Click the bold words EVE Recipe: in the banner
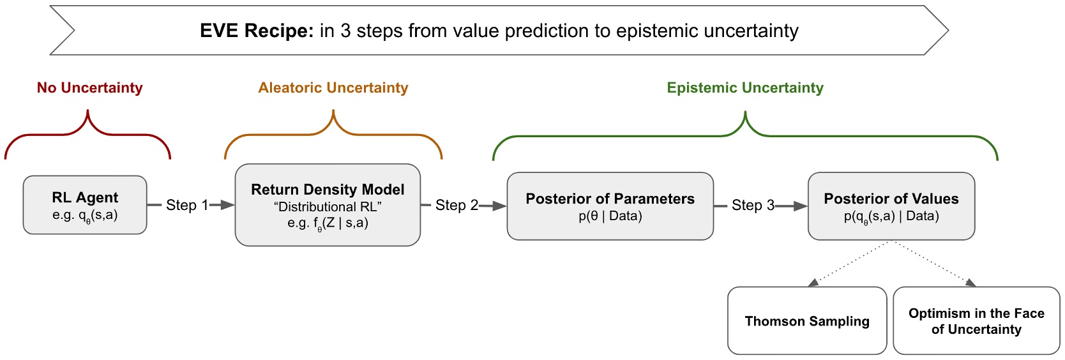[x=256, y=31]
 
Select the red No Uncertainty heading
[x=89, y=87]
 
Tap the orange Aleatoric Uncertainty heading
[x=333, y=87]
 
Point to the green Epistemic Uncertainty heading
[x=744, y=87]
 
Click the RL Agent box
[x=85, y=205]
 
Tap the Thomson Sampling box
[x=807, y=320]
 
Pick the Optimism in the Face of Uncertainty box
[x=976, y=320]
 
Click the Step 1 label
[x=186, y=205]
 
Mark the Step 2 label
[x=456, y=205]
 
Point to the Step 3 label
[x=752, y=205]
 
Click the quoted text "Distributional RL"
[x=328, y=207]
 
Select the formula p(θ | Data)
[x=610, y=216]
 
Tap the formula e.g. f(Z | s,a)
[x=328, y=223]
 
